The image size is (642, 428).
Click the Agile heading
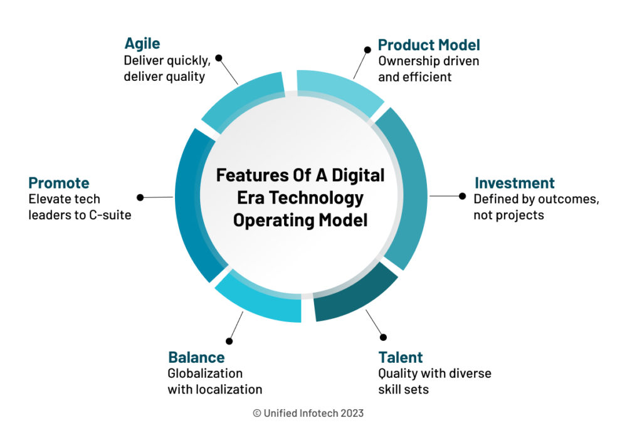(x=142, y=44)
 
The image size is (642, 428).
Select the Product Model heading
(x=429, y=45)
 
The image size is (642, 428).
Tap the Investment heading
(x=514, y=183)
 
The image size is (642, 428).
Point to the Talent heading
(x=400, y=357)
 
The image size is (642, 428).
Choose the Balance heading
(x=196, y=357)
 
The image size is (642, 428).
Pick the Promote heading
(x=59, y=183)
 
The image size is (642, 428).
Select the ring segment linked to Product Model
(x=339, y=91)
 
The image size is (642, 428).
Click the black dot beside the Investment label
(x=463, y=196)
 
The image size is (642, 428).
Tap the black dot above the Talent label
(x=383, y=337)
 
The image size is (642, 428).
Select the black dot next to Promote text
(x=140, y=197)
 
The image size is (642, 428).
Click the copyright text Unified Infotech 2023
(x=308, y=413)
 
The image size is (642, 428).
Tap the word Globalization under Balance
(x=205, y=373)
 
